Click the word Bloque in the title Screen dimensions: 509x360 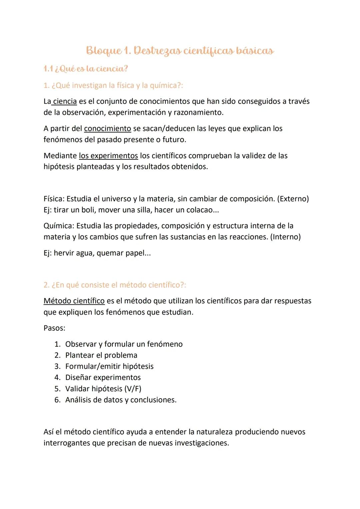point(104,51)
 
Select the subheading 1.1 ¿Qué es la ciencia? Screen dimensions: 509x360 point(86,69)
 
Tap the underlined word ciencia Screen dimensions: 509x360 point(65,101)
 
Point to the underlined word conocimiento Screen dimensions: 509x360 point(107,129)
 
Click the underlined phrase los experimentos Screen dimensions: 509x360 point(108,156)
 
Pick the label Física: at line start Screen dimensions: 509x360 point(54,199)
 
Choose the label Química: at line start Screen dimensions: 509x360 point(59,226)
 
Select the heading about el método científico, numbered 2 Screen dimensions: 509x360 point(115,285)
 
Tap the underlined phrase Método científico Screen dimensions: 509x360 point(74,301)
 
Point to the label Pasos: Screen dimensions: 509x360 point(54,328)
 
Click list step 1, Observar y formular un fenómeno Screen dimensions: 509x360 point(124,344)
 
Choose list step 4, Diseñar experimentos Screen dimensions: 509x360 point(103,378)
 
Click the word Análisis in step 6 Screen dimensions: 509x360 point(79,400)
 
